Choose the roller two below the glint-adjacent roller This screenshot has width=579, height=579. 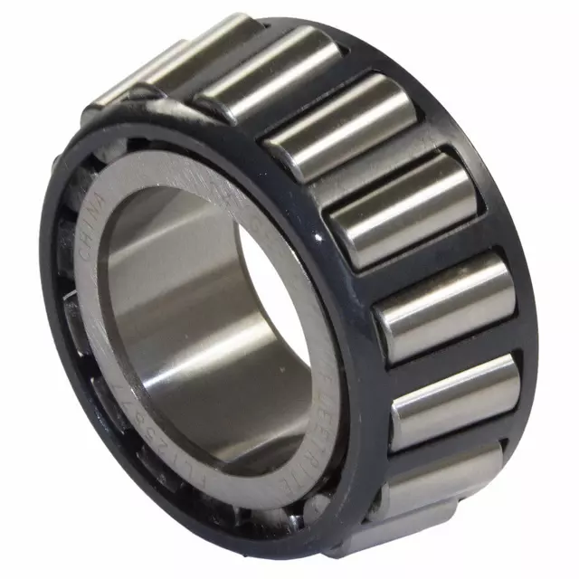452,398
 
